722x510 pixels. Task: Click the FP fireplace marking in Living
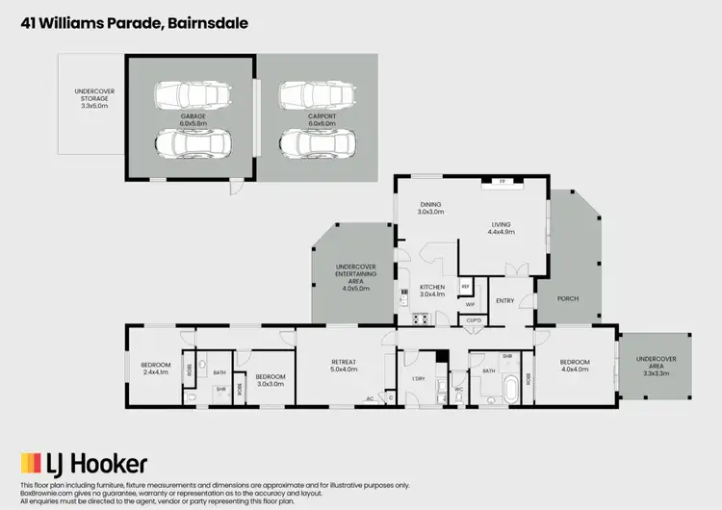click(x=502, y=181)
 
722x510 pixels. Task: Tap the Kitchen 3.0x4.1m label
click(x=432, y=292)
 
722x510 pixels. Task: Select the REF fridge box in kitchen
click(x=465, y=286)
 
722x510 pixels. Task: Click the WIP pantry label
click(x=471, y=304)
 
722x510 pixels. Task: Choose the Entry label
click(x=505, y=301)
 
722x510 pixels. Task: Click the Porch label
click(x=568, y=299)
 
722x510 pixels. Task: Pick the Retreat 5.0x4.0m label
click(x=344, y=366)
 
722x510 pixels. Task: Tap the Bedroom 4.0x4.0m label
click(x=578, y=366)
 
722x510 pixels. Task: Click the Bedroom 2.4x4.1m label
click(x=155, y=369)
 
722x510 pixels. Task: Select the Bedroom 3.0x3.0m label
click(x=271, y=380)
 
